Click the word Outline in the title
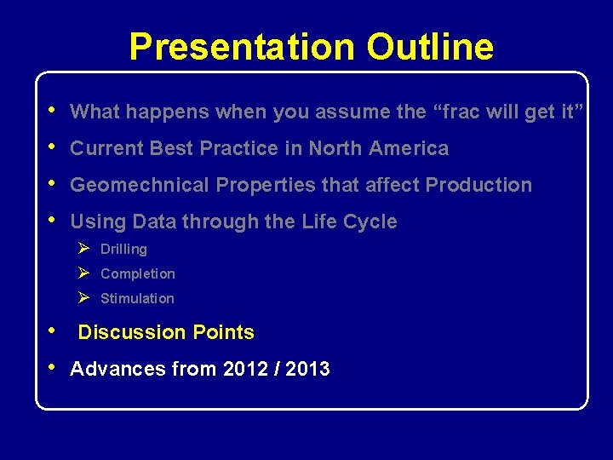pos(430,47)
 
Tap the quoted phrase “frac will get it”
pos(511,112)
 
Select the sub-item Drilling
pos(123,250)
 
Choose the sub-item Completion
pos(137,274)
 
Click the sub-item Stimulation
pos(137,299)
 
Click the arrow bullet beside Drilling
pos(83,249)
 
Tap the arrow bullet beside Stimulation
pos(83,298)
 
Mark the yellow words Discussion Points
pos(166,332)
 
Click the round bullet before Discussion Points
pos(53,331)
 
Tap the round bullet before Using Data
pos(53,220)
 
